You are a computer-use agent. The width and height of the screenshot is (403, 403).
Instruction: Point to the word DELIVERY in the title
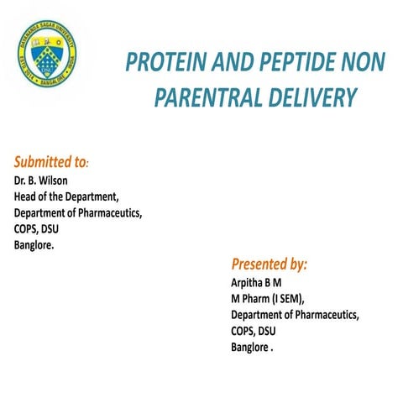pos(308,99)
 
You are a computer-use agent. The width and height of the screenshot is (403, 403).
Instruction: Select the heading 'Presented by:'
pos(269,264)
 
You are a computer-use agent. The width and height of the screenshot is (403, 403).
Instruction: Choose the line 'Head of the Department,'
pos(66,196)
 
